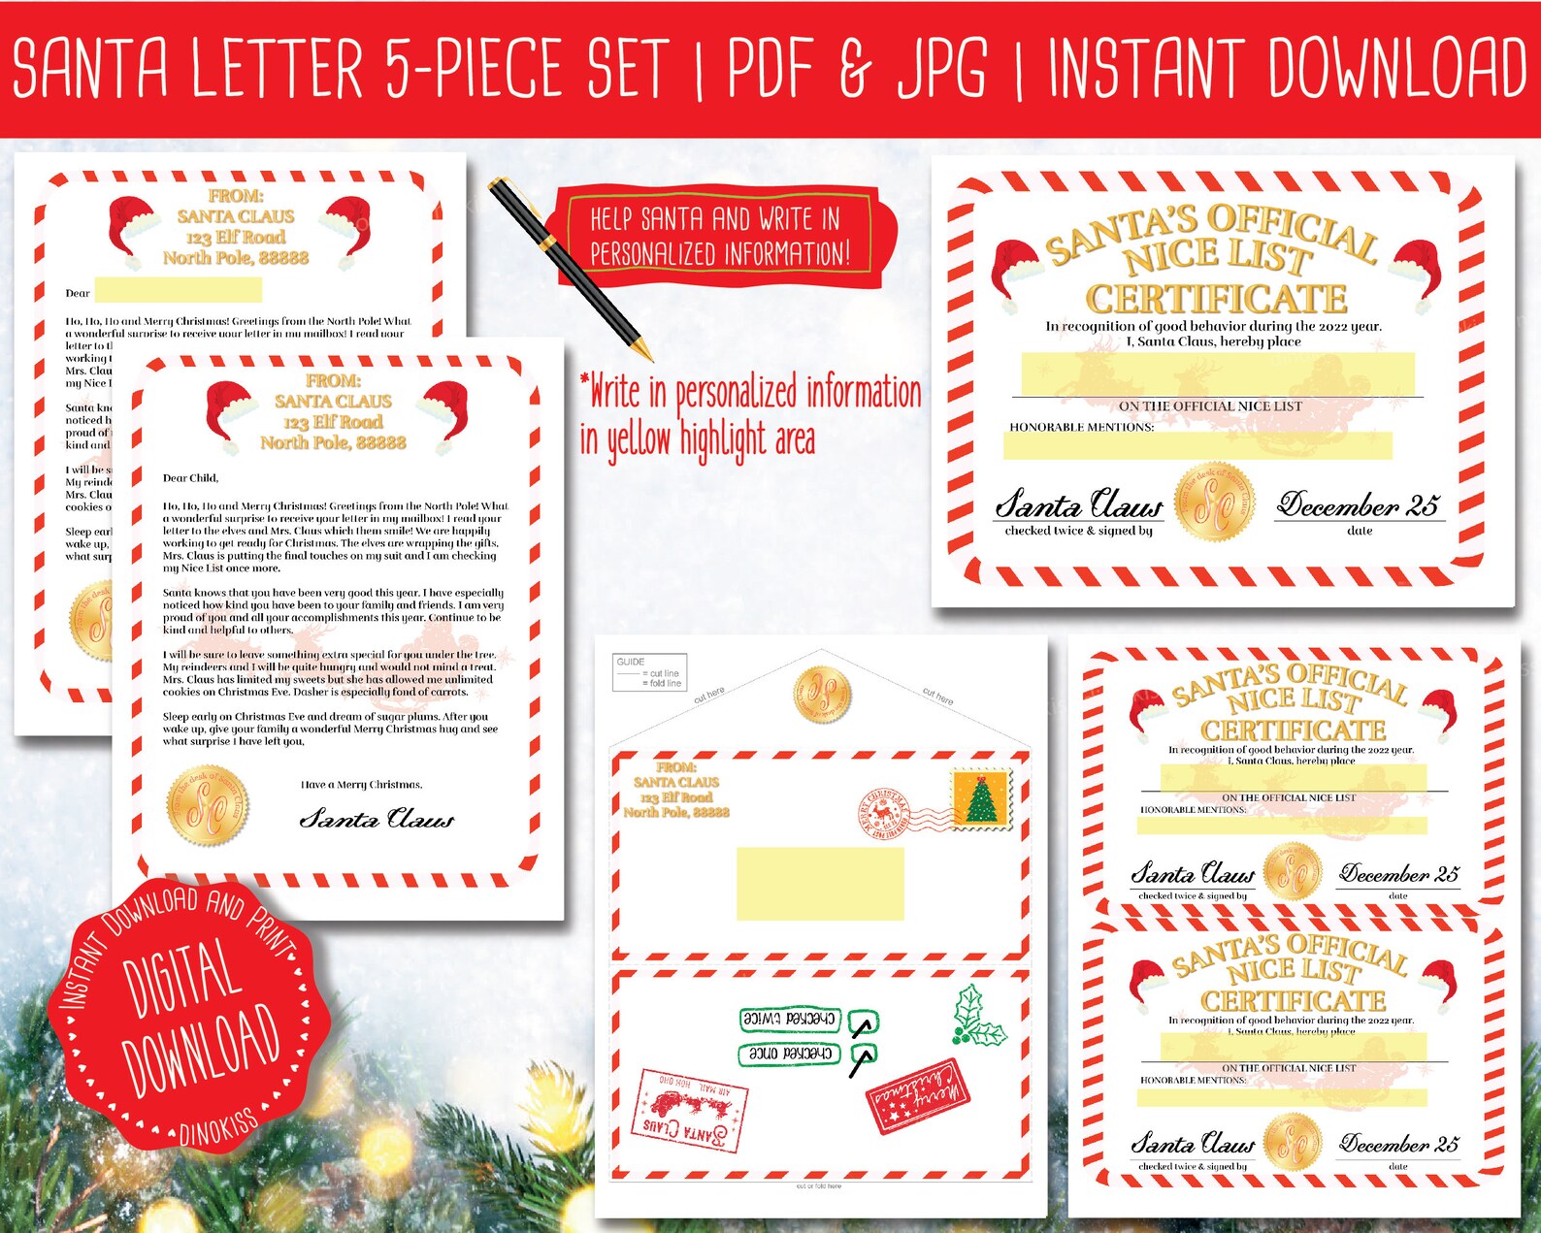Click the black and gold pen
coord(568,268)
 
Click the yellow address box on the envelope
coord(820,884)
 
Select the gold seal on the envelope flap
coord(822,695)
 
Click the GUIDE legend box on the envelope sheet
coord(649,671)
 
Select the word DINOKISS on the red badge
coord(218,1126)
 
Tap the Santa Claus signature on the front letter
coord(377,819)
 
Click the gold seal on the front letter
coord(208,805)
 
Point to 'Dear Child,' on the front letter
coord(191,478)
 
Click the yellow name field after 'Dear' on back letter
coord(179,290)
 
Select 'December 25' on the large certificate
coord(1358,505)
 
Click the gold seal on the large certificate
coord(1215,502)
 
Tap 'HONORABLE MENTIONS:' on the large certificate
coord(1081,427)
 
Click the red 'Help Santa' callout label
coord(719,236)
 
